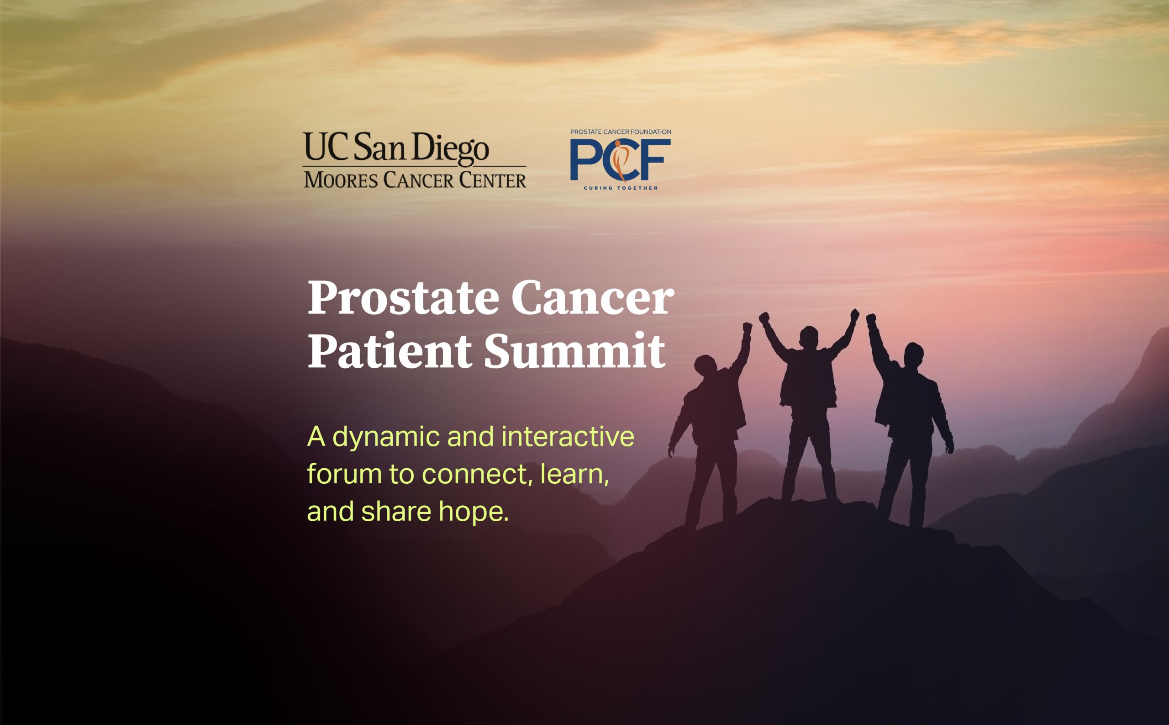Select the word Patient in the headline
tap(389, 351)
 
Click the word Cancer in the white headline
tap(592, 299)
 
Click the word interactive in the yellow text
tap(568, 436)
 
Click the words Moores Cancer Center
tap(415, 180)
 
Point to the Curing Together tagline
tap(620, 188)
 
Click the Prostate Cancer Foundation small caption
tap(620, 132)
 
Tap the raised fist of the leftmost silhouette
tap(747, 328)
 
